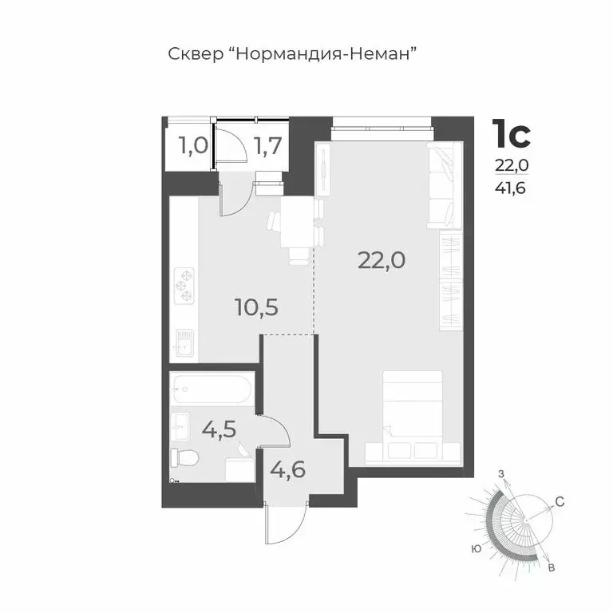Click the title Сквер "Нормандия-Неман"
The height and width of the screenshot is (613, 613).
294,54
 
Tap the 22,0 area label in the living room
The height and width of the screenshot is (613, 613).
377,259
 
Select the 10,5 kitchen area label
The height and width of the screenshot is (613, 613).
256,306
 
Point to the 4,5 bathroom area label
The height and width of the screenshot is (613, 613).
219,431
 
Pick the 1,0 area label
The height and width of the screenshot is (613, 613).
192,145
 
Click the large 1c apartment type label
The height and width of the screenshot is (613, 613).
511,134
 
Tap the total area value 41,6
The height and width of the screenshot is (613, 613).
511,188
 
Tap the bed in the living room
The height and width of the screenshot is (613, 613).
413,417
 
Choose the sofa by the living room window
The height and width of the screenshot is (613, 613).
444,185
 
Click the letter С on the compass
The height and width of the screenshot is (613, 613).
560,502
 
